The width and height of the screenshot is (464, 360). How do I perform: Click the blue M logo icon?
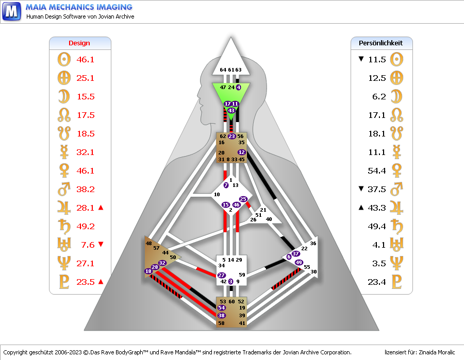pos(11,11)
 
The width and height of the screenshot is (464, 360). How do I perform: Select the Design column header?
pos(79,43)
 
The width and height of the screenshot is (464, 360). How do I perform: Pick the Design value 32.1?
pos(86,152)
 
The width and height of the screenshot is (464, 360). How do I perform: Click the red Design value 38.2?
pos(86,189)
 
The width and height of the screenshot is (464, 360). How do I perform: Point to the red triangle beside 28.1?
pos(101,208)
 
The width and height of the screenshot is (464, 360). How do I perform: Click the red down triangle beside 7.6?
pos(101,245)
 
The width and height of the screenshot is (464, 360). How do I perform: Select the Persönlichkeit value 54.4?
pos(377,170)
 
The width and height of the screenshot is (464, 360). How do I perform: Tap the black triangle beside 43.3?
pos(361,208)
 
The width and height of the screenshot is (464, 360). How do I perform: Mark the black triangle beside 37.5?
pos(361,189)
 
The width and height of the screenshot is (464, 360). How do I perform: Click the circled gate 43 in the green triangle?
pos(231,110)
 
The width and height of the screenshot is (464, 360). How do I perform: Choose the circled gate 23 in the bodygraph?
pos(231,136)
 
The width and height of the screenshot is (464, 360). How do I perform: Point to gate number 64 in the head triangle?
pos(223,70)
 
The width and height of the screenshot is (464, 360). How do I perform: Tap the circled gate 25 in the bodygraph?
pos(243,199)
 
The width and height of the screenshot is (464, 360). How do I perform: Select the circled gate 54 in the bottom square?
pos(222,307)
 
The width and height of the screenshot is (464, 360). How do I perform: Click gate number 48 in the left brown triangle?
pos(149,243)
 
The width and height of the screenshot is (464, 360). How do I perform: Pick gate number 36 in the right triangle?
pos(313,243)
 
